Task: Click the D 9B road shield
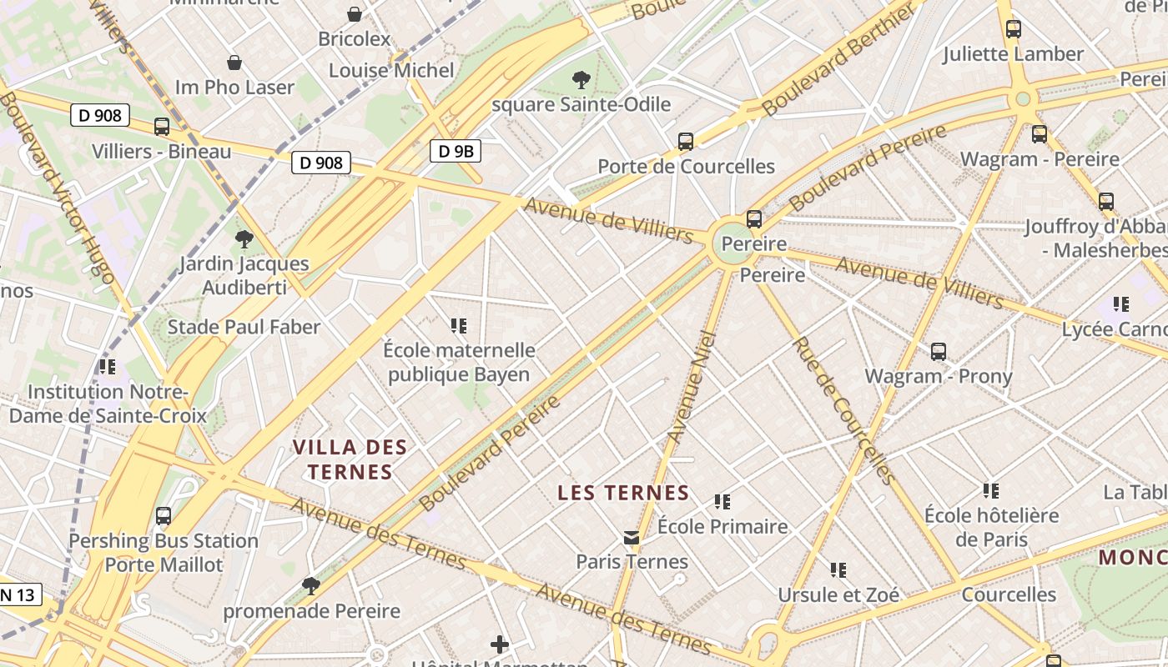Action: [x=456, y=151]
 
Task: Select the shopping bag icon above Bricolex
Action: [x=355, y=14]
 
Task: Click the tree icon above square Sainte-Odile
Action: [x=581, y=80]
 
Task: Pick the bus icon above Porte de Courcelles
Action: [x=686, y=141]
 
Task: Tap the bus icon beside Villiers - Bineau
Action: [x=162, y=127]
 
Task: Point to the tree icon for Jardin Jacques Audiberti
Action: [x=244, y=239]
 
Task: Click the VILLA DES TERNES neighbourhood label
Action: [x=350, y=459]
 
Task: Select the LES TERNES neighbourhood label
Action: [x=623, y=493]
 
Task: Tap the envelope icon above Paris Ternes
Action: [x=632, y=538]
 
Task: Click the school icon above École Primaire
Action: [x=722, y=502]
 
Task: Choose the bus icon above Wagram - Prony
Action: [x=939, y=352]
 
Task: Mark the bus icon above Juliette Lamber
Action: [x=1014, y=29]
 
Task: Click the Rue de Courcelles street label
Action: [x=843, y=410]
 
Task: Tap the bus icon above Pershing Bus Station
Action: [x=164, y=516]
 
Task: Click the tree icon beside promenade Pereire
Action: [x=311, y=586]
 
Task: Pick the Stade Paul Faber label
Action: [x=244, y=327]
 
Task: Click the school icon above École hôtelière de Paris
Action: [x=991, y=491]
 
